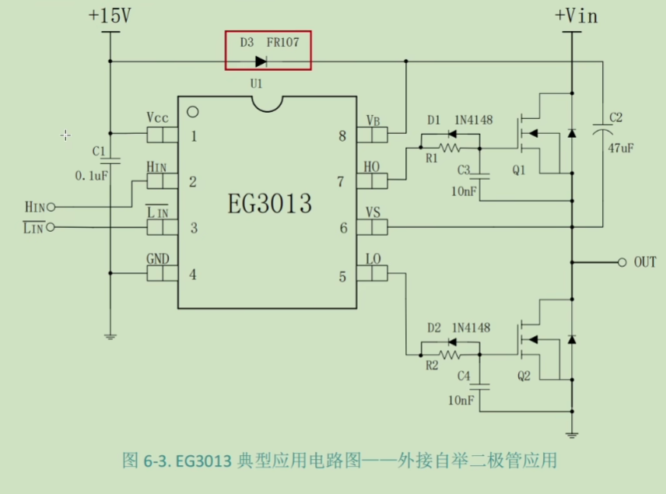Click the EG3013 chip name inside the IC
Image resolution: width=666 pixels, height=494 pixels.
coord(269,204)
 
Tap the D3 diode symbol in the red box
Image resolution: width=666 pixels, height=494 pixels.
coord(261,61)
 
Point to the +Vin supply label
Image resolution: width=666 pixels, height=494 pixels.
coord(576,15)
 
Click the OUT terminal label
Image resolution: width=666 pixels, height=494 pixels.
coord(645,262)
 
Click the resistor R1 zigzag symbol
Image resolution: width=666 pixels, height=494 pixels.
coord(450,147)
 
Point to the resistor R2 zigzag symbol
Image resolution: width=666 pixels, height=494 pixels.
coord(450,354)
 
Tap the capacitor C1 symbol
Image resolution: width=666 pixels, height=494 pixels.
coord(110,160)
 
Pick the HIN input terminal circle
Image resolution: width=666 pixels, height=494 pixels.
coord(51,208)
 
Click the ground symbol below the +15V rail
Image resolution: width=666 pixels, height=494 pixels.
coord(110,336)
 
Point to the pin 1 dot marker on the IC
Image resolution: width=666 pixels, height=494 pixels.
coord(192,111)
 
